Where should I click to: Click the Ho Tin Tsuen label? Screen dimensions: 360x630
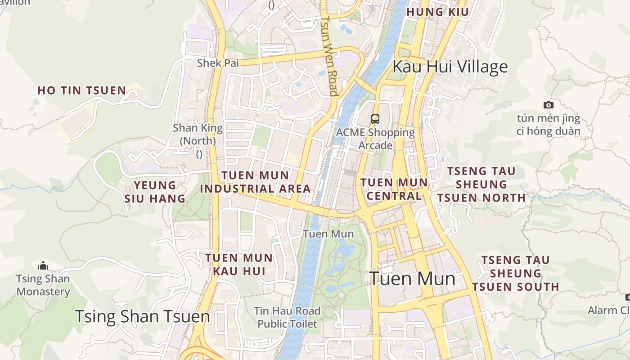click(x=81, y=90)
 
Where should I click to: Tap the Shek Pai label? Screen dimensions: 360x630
click(x=218, y=63)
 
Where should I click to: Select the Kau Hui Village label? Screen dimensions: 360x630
click(x=450, y=67)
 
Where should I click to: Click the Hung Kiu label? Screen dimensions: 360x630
click(x=437, y=12)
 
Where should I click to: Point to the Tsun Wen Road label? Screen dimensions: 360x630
click(x=330, y=56)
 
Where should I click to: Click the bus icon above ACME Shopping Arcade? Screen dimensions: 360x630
click(x=375, y=119)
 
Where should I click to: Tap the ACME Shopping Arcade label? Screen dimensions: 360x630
click(x=375, y=139)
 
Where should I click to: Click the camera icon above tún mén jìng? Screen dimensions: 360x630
click(x=548, y=105)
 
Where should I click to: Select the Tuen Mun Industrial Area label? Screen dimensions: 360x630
click(x=256, y=182)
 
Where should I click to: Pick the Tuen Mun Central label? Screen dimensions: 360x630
click(x=394, y=189)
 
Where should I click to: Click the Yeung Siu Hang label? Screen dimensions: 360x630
click(x=155, y=192)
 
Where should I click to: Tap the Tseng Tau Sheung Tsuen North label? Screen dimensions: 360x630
click(x=481, y=184)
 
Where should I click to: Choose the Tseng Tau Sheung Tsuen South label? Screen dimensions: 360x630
click(x=516, y=274)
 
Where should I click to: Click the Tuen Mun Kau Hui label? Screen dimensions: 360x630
click(x=239, y=265)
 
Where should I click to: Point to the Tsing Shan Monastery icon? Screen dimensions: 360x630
click(x=43, y=265)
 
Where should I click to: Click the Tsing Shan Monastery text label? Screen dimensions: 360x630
click(x=43, y=285)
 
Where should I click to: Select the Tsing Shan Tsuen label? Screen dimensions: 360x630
click(x=142, y=317)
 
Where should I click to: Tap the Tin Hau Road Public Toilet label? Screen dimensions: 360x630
click(x=287, y=317)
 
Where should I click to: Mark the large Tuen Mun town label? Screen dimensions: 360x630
click(x=412, y=279)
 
